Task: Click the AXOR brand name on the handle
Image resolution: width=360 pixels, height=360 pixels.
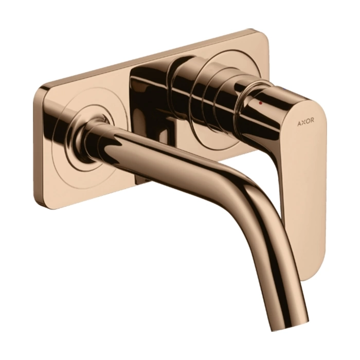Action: coord(305,123)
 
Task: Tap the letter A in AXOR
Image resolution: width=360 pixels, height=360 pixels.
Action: coord(299,124)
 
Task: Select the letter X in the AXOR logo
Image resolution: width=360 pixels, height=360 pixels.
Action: coord(303,123)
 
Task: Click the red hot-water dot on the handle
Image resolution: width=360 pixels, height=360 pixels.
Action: coord(260,103)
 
